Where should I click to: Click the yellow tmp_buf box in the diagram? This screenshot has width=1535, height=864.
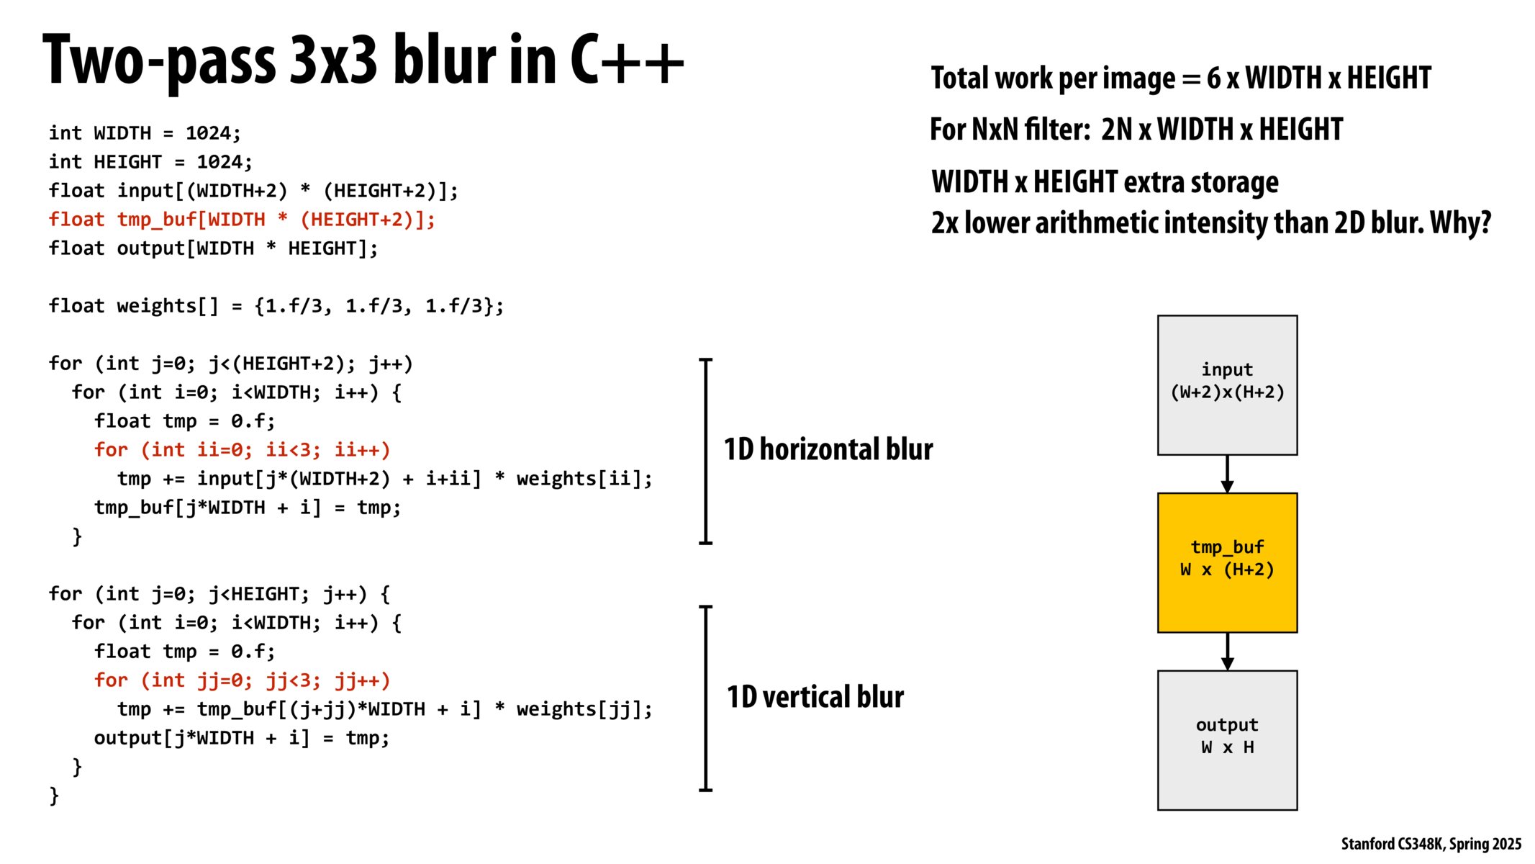1226,562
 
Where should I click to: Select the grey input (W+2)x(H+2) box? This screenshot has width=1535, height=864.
1226,384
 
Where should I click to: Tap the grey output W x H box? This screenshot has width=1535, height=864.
1226,739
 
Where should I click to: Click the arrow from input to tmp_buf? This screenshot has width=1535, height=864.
1226,474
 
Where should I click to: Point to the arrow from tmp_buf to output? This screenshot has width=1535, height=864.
1226,651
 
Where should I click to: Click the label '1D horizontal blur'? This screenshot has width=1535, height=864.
828,449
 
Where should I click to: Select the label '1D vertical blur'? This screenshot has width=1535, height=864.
815,697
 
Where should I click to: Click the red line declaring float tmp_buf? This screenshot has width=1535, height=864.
242,220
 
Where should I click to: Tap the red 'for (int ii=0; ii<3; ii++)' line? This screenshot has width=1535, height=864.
242,450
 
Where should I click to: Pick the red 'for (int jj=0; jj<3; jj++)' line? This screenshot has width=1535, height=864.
242,680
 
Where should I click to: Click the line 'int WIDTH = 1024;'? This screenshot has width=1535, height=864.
145,133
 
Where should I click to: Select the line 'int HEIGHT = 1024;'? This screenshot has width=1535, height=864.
150,162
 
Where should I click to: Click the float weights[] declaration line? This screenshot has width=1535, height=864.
276,306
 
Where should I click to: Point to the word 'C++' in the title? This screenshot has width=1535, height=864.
626,60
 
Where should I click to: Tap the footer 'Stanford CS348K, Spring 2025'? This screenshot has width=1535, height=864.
1431,844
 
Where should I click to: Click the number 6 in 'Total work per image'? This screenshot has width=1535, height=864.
1213,78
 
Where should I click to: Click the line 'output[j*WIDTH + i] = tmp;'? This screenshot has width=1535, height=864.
242,738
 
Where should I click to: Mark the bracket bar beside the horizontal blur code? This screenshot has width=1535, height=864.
706,451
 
